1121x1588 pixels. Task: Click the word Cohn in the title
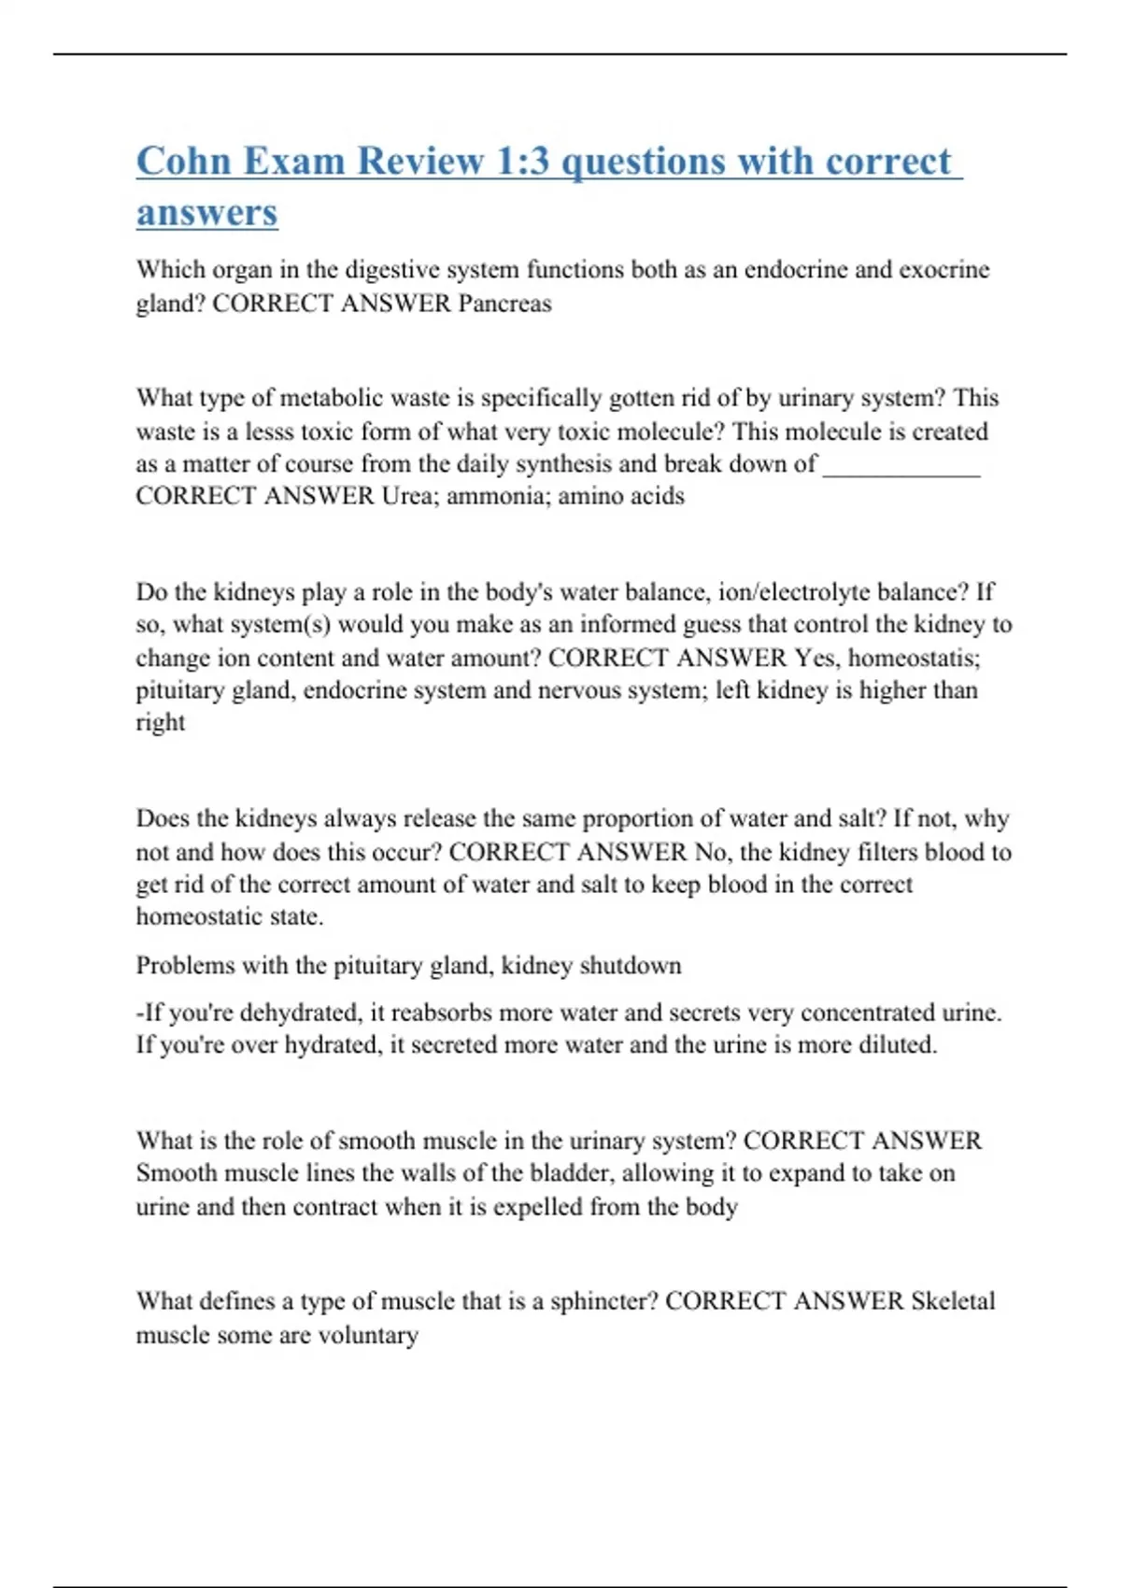click(x=184, y=161)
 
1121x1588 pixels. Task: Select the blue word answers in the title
click(x=207, y=212)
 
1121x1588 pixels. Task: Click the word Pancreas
click(x=504, y=304)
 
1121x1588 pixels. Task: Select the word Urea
click(x=404, y=496)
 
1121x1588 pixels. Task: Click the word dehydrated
click(x=311, y=1014)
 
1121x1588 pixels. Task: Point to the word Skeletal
click(x=953, y=1301)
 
